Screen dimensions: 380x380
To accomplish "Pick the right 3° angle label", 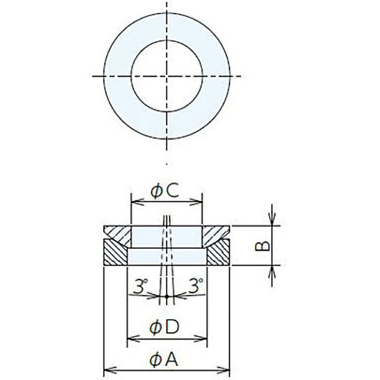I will point(195,286).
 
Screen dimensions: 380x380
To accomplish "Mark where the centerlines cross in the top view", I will point(167,76).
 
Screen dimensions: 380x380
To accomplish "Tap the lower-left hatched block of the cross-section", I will point(115,253).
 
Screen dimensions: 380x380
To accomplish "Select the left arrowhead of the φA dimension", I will point(107,369).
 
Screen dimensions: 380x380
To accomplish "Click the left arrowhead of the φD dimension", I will point(131,338).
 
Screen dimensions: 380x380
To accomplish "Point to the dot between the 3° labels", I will point(167,297).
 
